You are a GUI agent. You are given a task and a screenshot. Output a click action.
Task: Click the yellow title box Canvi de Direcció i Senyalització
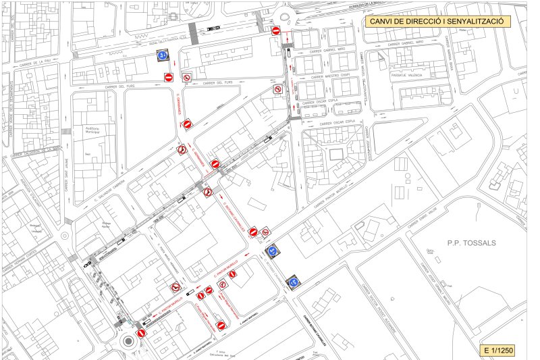click(x=438, y=22)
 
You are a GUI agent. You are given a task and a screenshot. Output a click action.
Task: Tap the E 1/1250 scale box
click(x=499, y=351)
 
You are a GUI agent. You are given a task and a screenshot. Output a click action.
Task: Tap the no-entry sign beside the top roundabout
click(x=275, y=31)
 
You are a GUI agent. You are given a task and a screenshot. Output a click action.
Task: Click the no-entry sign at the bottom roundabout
click(x=140, y=334)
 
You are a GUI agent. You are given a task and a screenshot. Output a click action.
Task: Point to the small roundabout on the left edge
click(x=65, y=236)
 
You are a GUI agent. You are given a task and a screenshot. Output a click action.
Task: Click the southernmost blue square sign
click(x=292, y=283)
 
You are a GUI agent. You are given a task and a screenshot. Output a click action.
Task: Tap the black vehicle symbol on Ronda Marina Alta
click(x=213, y=28)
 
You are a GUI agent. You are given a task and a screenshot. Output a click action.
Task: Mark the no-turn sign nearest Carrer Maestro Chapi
click(x=277, y=89)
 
